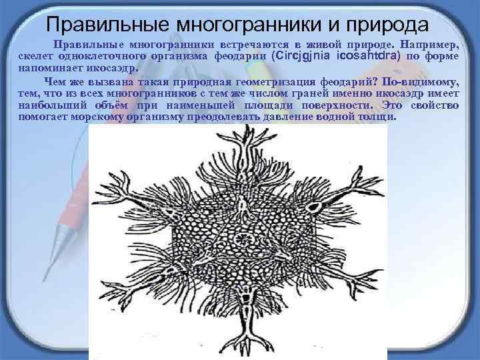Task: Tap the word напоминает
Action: point(48,68)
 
